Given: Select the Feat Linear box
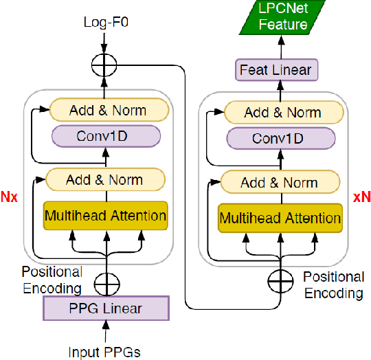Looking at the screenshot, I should tap(275, 69).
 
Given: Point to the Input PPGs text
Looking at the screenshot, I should tap(105, 352).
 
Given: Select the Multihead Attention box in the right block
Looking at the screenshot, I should tap(280, 218).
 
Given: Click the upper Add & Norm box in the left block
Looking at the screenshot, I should tap(109, 109).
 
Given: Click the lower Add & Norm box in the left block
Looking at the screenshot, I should tap(104, 180).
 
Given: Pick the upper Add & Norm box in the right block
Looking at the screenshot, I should tap(282, 113).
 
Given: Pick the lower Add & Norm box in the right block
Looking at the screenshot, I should tap(280, 182).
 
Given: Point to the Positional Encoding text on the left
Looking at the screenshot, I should tap(52, 280).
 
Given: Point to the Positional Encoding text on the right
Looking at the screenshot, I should tap(333, 284).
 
